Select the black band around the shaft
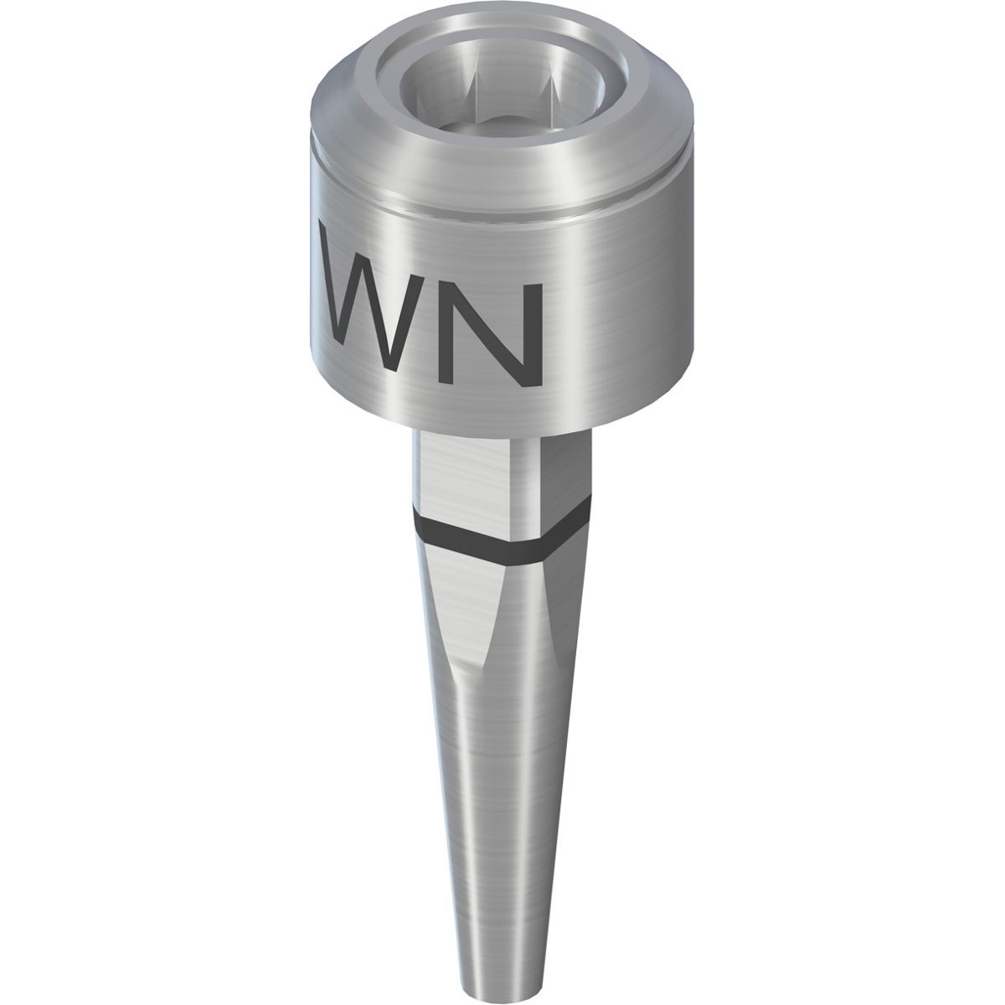(x=502, y=540)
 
